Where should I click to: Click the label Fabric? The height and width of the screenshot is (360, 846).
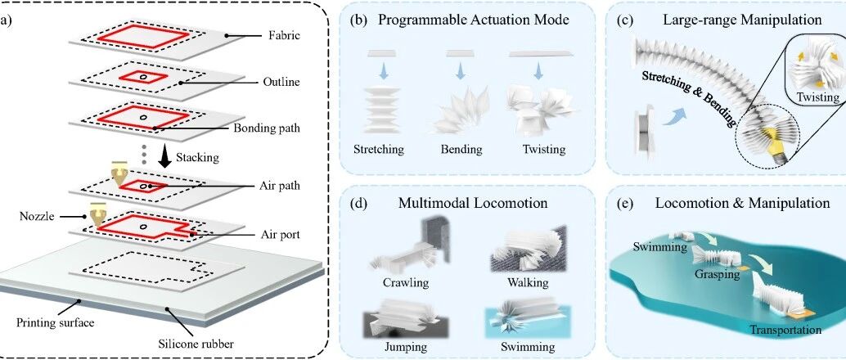point(284,37)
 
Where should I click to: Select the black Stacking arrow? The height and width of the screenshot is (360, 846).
point(165,157)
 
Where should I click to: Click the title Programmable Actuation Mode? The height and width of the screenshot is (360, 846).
point(466,20)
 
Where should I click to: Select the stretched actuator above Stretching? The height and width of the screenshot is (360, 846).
point(382,110)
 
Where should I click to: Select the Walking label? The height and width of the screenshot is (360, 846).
point(528,282)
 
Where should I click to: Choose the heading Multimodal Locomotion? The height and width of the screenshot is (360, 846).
point(473,204)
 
